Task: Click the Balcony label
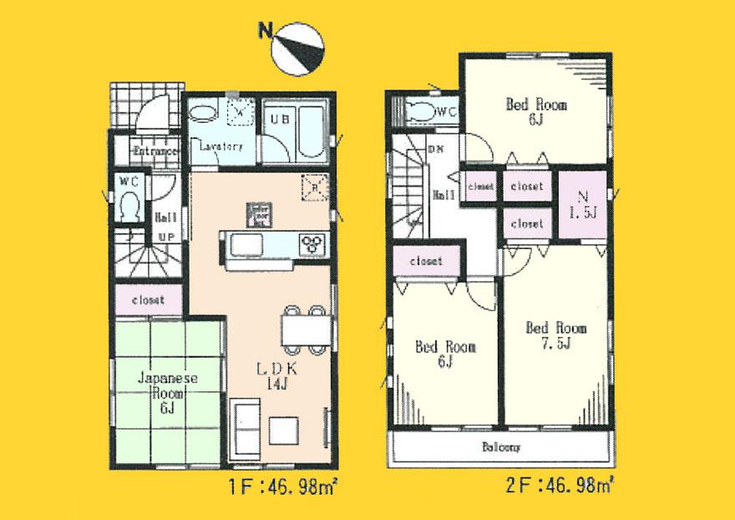tap(500, 447)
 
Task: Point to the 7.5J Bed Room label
tap(555, 334)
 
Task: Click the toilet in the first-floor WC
tap(129, 203)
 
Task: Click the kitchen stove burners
tap(315, 243)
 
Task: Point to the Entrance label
tap(156, 152)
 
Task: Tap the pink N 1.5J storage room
tap(575, 206)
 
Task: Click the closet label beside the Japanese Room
tap(148, 299)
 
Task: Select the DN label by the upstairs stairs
tap(435, 150)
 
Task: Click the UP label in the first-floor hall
tap(165, 237)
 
